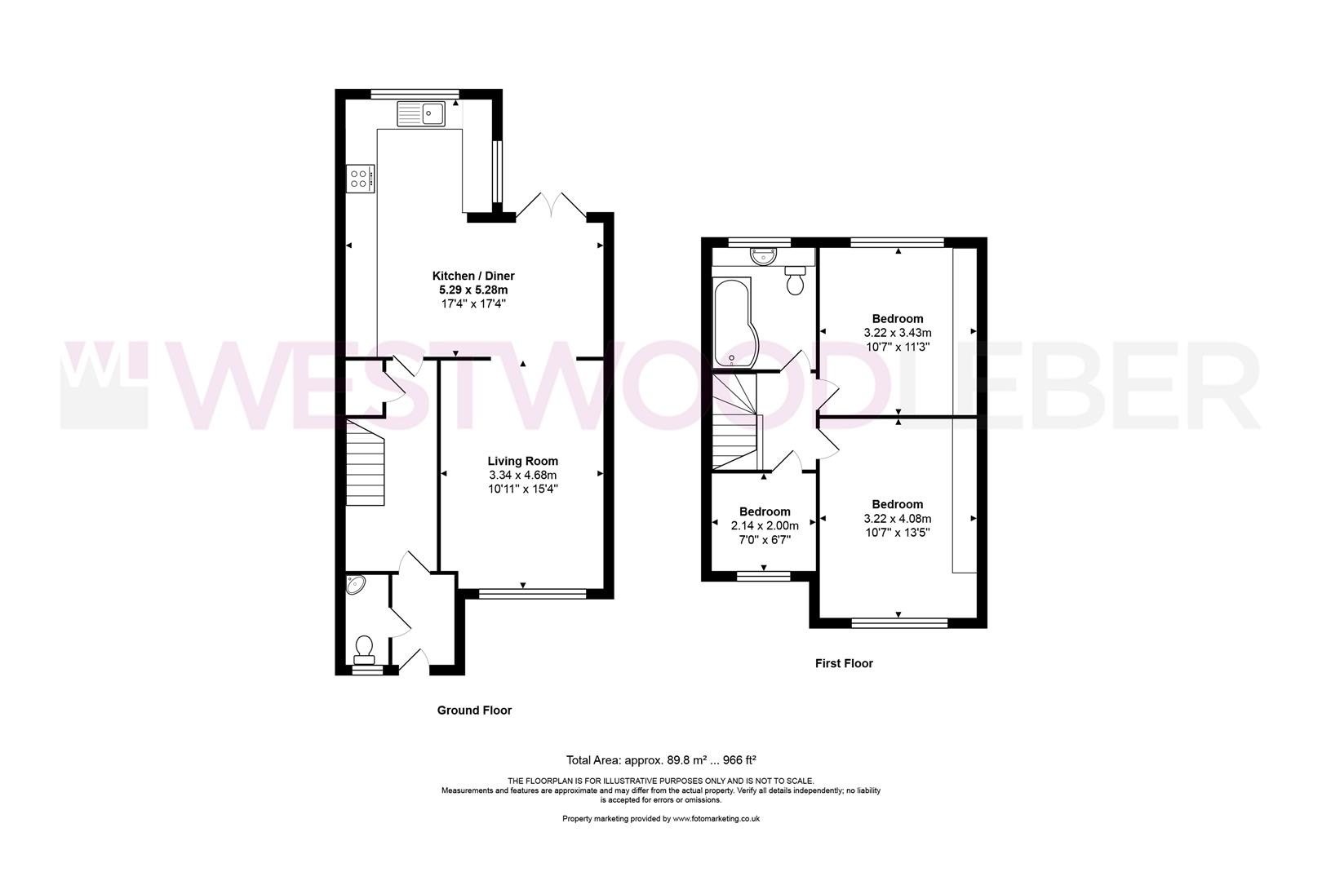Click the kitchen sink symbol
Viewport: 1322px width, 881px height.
pyautogui.click(x=421, y=113)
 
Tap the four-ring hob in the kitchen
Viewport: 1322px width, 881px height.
pyautogui.click(x=360, y=179)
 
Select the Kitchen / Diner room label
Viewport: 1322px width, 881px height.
pyautogui.click(x=473, y=276)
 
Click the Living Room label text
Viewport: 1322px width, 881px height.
pyautogui.click(x=523, y=461)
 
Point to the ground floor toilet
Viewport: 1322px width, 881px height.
pyautogui.click(x=365, y=649)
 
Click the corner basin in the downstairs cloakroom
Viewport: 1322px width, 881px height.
pyautogui.click(x=356, y=584)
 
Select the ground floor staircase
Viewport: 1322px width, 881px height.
pyautogui.click(x=365, y=463)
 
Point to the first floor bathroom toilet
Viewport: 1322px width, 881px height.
pyautogui.click(x=794, y=280)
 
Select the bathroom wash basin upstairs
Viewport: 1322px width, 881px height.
pyautogui.click(x=761, y=256)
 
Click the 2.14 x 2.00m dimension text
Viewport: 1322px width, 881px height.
pyautogui.click(x=764, y=526)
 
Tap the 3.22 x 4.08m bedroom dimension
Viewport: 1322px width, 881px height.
pyautogui.click(x=897, y=518)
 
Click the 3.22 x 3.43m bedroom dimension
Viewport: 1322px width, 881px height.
pyautogui.click(x=897, y=333)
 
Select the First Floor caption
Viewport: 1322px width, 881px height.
pyautogui.click(x=844, y=663)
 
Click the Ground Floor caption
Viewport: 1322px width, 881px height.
pyautogui.click(x=474, y=711)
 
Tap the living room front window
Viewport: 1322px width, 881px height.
pyautogui.click(x=523, y=594)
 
